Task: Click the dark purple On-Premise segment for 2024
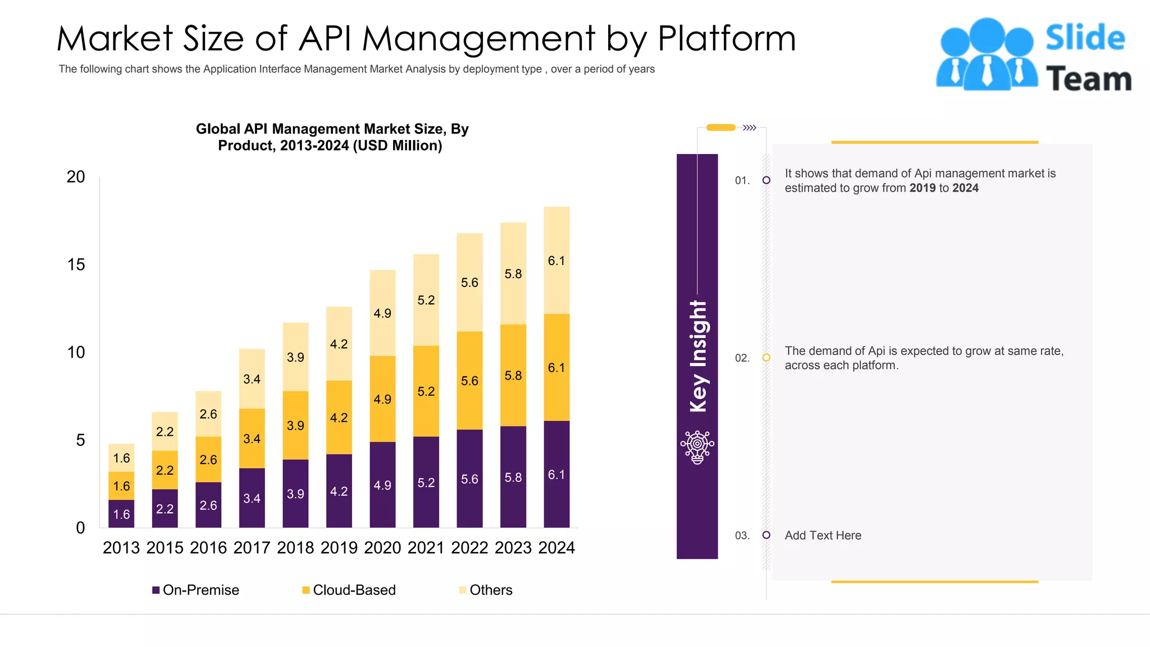[x=556, y=474]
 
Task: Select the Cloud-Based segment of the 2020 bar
[x=382, y=399]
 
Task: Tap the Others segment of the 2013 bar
[x=121, y=458]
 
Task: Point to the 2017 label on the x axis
[x=252, y=548]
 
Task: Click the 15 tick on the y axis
[x=76, y=265]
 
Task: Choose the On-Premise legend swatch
[x=156, y=590]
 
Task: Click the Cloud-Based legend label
[x=354, y=590]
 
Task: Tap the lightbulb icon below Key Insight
[x=697, y=447]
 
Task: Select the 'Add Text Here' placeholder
[x=823, y=535]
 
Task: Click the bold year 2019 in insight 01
[x=923, y=188]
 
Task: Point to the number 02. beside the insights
[x=742, y=358]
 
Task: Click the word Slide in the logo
[x=1085, y=38]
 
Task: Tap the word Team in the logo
[x=1088, y=79]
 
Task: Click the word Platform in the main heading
[x=727, y=39]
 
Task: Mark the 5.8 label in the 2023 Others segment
[x=513, y=274]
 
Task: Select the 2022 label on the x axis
[x=469, y=548]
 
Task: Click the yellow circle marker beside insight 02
[x=766, y=358]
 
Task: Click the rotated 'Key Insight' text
[x=698, y=356]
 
